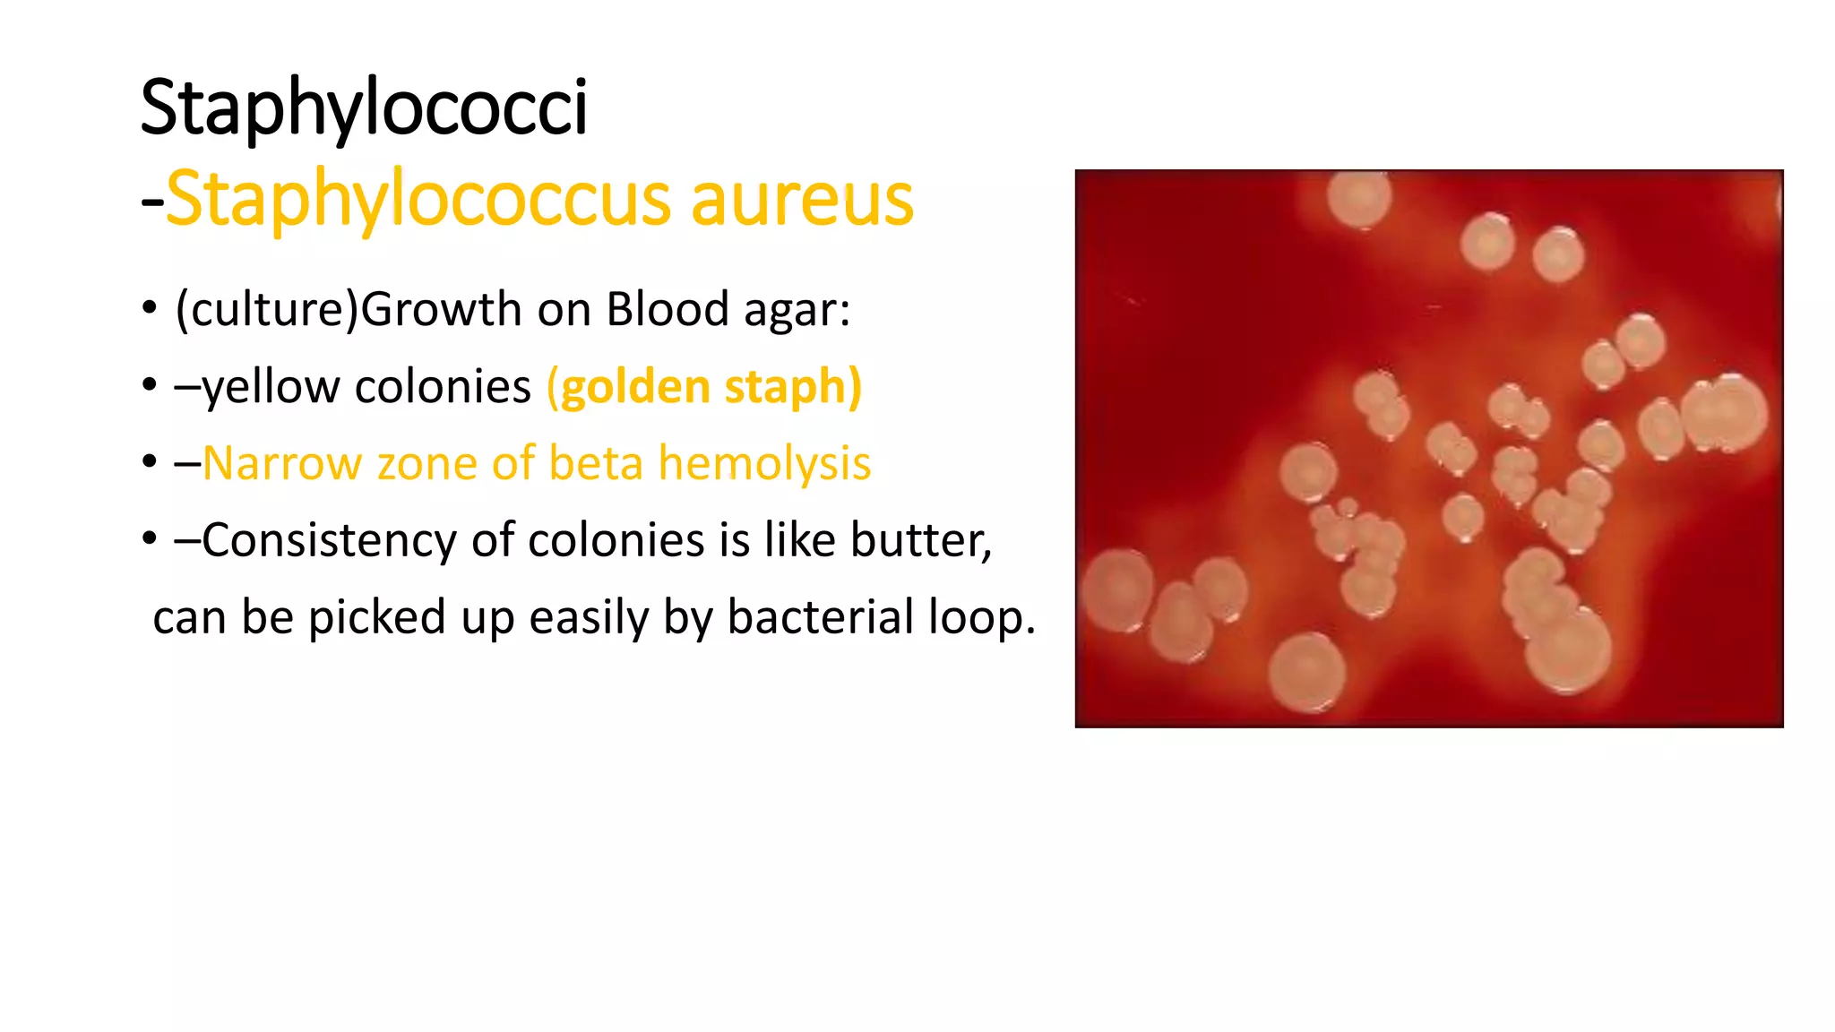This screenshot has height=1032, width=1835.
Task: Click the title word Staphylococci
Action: point(364,107)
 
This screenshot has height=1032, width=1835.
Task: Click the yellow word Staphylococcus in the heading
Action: point(418,199)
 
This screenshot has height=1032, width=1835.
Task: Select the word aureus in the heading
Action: point(802,199)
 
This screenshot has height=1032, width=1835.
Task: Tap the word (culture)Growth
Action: point(348,310)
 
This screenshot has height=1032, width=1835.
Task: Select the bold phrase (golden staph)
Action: point(704,387)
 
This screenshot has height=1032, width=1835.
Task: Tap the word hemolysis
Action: point(764,464)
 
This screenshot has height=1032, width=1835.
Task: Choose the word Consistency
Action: point(332,541)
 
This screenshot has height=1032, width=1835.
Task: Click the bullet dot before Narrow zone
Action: point(150,463)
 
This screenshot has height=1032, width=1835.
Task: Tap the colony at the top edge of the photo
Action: point(1359,198)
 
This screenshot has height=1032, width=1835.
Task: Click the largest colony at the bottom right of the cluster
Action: point(1567,649)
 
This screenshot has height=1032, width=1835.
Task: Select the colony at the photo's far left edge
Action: point(1116,590)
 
